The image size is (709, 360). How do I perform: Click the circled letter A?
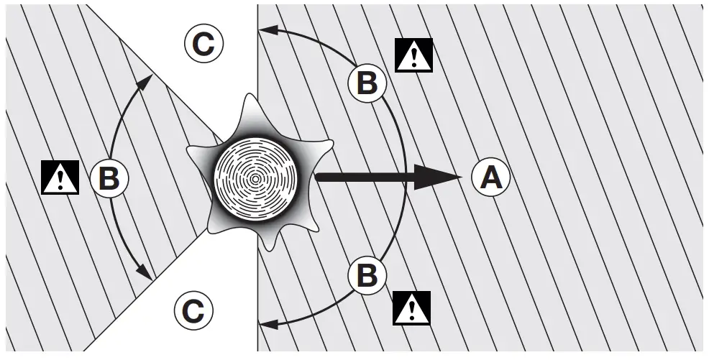tap(491, 177)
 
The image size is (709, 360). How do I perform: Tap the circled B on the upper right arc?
tap(367, 83)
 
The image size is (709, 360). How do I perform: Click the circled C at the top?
tap(204, 45)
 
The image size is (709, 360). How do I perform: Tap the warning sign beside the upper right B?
tap(414, 56)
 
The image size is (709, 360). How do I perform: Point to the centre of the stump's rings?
tap(256, 177)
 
